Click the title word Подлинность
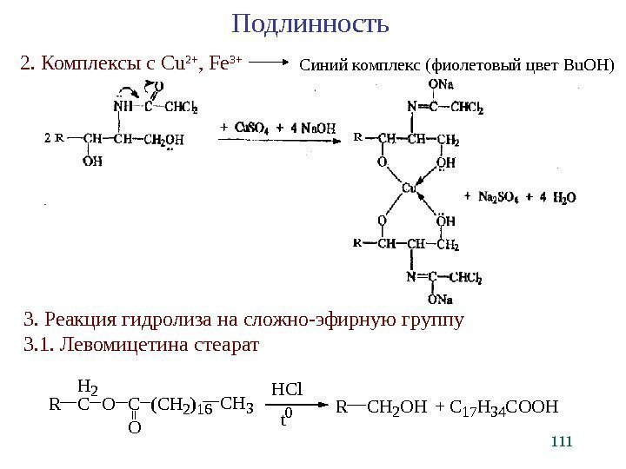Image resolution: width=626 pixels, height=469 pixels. point(311,22)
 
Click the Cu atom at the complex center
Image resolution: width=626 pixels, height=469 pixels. point(410,188)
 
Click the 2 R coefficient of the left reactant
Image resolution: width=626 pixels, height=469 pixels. point(54,137)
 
